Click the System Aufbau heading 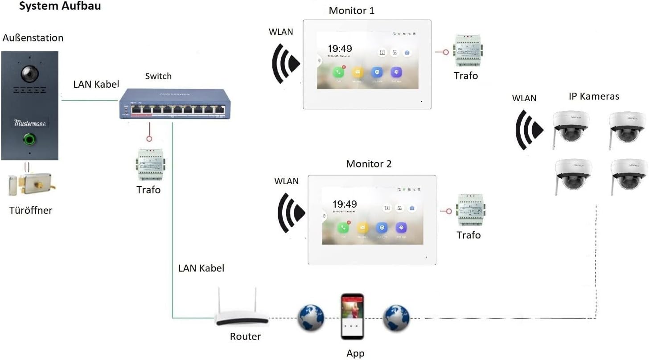coord(60,7)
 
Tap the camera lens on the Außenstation coord(30,73)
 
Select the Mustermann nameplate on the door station coord(30,122)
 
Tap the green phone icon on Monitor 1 coord(339,73)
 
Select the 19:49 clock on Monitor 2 coord(344,205)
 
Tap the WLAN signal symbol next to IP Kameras coord(529,130)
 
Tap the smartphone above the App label coord(353,317)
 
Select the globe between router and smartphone coord(311,317)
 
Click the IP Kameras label coord(594,96)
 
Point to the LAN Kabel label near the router coord(201,268)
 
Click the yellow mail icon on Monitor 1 coord(357,73)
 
